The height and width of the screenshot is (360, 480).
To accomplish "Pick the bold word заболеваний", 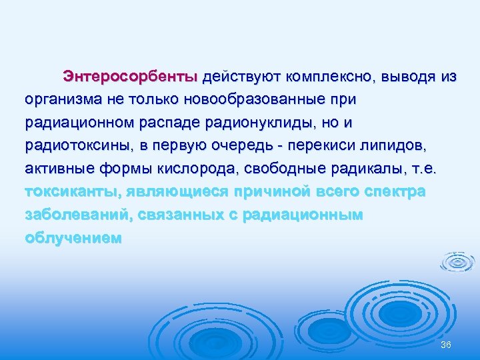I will [x=77, y=216].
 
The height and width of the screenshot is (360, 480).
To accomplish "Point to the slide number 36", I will [x=446, y=343].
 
